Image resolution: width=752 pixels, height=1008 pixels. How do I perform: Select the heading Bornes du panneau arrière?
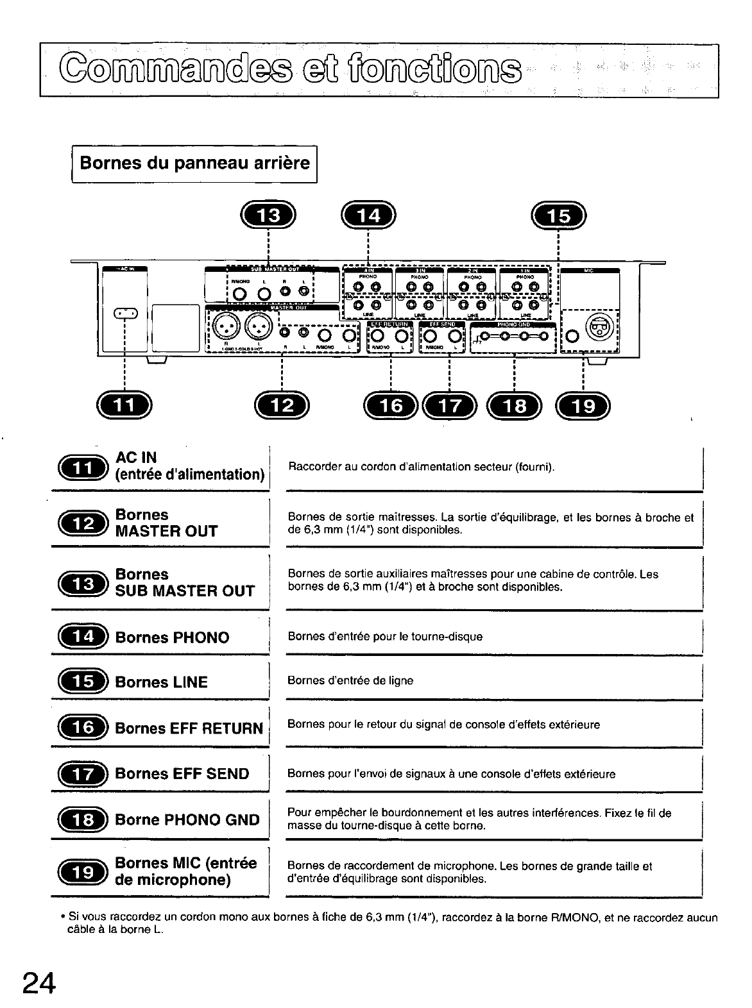194,163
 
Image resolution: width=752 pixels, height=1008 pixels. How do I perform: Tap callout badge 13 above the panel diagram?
268,216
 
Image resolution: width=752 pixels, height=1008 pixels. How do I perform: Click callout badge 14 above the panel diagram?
369,216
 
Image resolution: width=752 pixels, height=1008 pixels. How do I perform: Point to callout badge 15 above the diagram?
560,216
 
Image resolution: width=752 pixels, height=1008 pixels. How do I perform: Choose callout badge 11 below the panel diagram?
124,405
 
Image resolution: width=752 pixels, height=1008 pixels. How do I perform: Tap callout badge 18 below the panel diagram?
515,405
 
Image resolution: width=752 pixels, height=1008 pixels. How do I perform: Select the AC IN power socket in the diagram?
126,314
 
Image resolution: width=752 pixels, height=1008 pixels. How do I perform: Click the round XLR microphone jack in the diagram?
601,328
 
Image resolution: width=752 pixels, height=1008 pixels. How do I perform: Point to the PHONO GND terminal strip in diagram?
513,336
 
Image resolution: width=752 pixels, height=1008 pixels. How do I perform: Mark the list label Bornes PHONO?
172,637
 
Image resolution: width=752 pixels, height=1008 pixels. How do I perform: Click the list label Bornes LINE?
161,682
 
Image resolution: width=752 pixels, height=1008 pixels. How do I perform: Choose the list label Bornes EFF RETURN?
189,728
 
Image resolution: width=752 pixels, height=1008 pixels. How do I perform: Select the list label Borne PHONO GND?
187,819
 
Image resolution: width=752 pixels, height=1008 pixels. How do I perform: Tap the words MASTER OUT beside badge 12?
166,532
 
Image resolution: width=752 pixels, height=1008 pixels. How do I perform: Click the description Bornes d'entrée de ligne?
350,680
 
